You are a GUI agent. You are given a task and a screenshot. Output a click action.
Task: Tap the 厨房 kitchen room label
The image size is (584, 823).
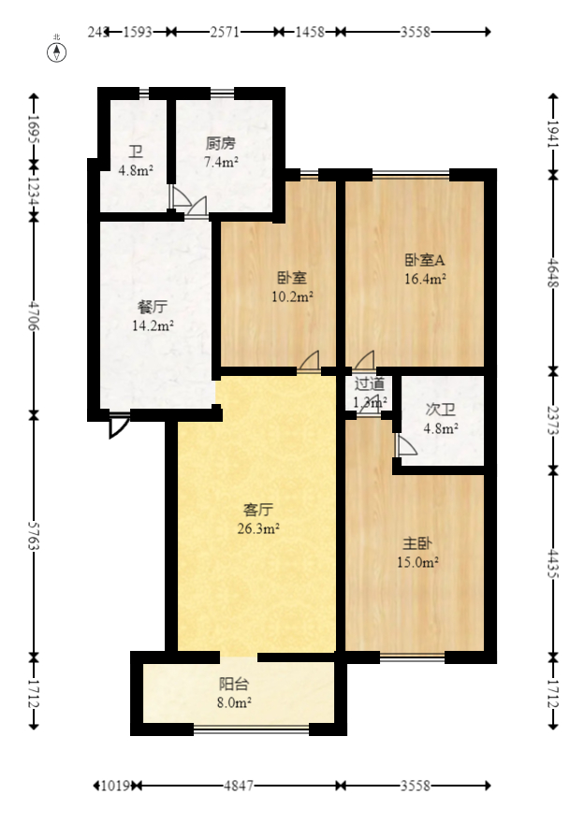coord(221,144)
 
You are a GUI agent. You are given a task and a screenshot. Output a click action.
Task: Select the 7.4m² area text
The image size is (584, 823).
coord(221,162)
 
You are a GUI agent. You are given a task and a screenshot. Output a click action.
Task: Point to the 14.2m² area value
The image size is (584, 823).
coord(153,325)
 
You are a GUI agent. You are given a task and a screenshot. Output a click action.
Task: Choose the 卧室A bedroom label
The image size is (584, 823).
coord(424,260)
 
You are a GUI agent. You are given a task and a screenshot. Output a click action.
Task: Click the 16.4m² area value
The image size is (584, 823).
coord(424,278)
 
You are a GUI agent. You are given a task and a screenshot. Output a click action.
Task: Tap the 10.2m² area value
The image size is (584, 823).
coord(292,296)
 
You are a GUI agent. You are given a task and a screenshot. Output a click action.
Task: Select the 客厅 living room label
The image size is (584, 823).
coord(258,510)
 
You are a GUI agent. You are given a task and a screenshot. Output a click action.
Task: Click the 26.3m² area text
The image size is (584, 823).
coord(258,528)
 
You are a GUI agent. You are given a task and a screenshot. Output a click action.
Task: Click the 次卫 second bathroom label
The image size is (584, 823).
coord(440,410)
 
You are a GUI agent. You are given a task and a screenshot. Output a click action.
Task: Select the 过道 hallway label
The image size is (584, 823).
coord(369,383)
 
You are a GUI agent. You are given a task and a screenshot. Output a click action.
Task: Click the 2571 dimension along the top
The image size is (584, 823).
coord(225,31)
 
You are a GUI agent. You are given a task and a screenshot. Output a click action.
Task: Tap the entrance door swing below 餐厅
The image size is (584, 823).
coord(117,426)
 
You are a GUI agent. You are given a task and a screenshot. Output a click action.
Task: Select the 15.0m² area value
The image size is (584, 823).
coord(418,562)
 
